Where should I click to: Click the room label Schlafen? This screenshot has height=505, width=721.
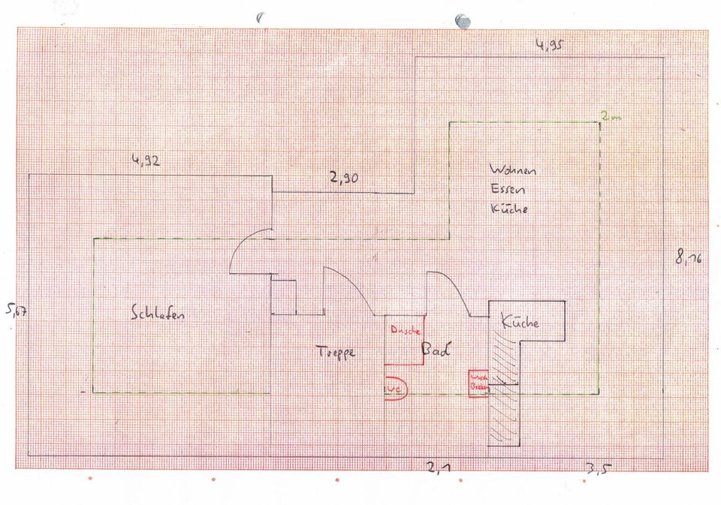coord(158,314)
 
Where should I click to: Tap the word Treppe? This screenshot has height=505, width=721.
coord(334,351)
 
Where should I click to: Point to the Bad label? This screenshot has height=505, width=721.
coord(436,350)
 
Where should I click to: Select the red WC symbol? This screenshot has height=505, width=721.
coord(395,389)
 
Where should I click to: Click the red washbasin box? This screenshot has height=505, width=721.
coord(478,380)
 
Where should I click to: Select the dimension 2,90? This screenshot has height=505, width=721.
coord(343,179)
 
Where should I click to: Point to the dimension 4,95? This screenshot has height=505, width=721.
coord(550,45)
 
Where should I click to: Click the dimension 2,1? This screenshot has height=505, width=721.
coord(439,469)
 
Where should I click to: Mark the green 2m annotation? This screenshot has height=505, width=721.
coord(611,118)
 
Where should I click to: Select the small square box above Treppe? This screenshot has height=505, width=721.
coord(283,297)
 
